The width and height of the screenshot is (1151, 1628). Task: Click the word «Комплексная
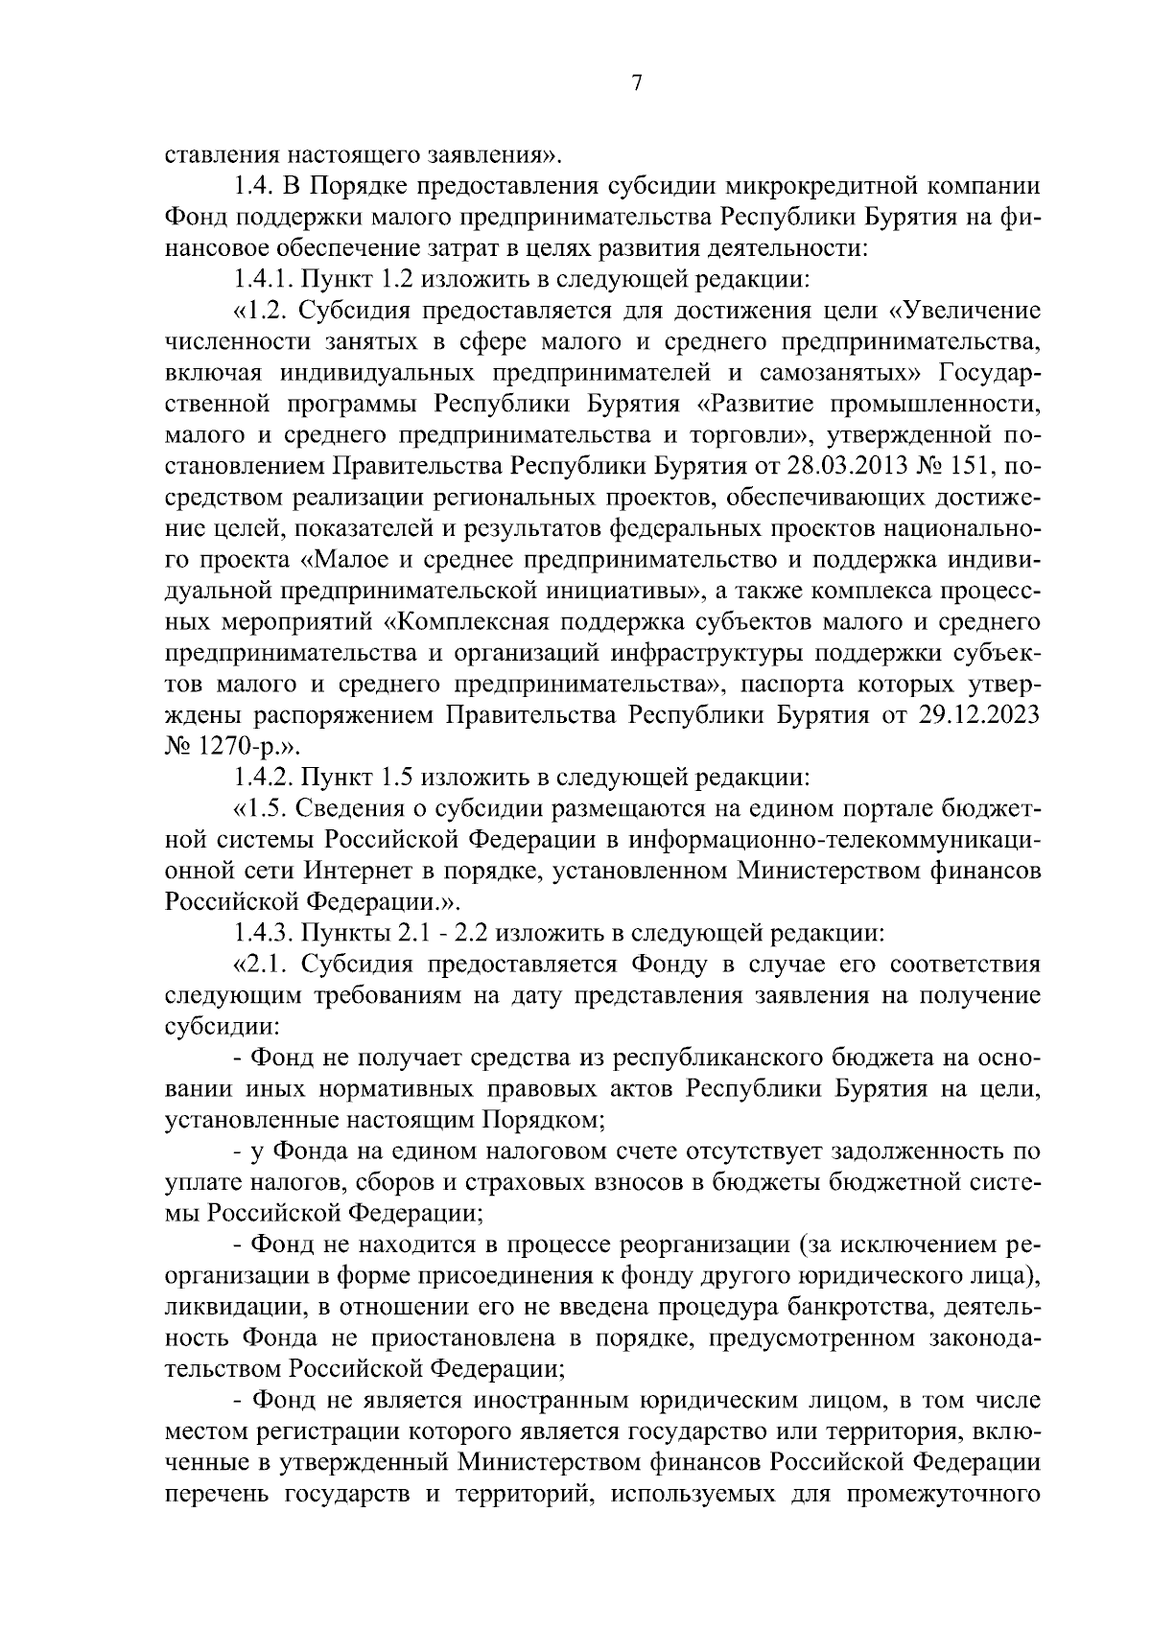click(466, 622)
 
